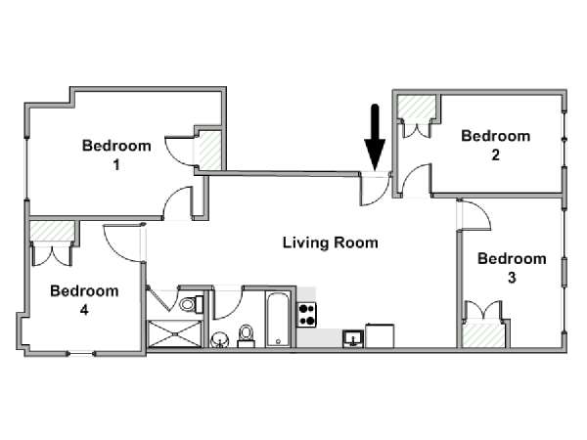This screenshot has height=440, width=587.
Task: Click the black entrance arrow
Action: [375, 137]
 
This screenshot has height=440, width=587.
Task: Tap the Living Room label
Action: [331, 242]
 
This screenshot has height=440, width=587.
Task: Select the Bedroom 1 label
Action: [116, 154]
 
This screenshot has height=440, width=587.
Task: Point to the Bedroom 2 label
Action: [496, 145]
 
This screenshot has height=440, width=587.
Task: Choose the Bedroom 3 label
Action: [512, 268]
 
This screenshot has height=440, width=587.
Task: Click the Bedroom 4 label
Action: [84, 300]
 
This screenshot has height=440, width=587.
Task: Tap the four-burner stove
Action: [307, 315]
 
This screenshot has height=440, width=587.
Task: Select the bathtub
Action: [278, 320]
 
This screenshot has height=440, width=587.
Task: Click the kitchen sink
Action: [353, 339]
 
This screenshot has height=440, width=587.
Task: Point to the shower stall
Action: [175, 333]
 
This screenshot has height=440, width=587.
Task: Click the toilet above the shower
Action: [192, 304]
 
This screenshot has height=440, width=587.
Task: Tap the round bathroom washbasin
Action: [220, 340]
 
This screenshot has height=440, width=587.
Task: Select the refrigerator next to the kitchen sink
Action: [380, 336]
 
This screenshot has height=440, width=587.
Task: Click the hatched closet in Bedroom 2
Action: [417, 108]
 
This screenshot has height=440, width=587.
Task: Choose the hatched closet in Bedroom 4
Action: [52, 231]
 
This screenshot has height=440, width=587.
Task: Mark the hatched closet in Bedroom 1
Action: [209, 150]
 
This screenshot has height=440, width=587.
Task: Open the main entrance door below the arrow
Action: [375, 189]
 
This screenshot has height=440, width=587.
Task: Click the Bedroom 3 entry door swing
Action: [474, 215]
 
